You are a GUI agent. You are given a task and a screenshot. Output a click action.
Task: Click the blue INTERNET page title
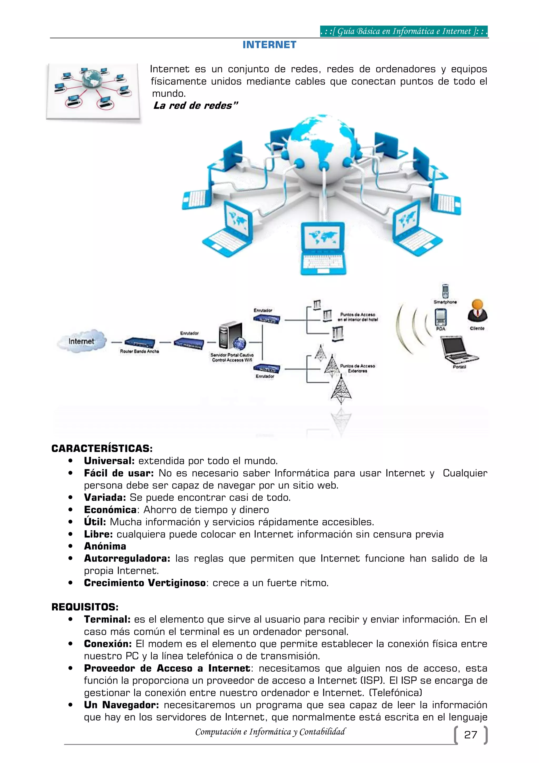coord(269,45)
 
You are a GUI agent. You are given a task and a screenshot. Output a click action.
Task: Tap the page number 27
coord(470,735)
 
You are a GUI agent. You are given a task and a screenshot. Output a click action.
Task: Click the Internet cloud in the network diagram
coord(82,341)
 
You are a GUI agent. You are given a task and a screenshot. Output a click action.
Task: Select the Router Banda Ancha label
coord(139,351)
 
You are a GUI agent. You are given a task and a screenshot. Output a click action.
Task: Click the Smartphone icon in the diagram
coord(445,291)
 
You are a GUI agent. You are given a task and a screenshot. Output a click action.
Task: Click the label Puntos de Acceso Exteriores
coord(357,368)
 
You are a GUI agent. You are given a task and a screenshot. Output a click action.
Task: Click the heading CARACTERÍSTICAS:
coord(102,449)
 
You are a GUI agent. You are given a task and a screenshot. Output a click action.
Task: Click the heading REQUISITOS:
coord(85,607)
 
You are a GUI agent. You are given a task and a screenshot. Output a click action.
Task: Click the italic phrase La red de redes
coord(195,106)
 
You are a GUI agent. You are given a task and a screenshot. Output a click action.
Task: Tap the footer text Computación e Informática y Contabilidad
coord(270,732)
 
